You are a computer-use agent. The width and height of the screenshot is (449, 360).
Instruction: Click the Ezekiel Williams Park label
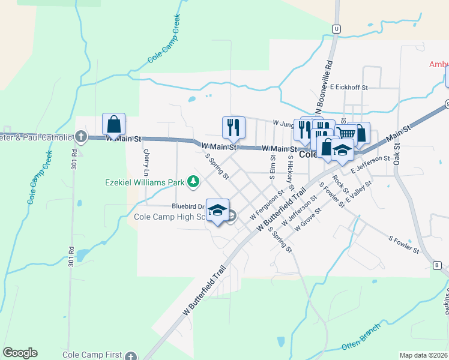click(x=144, y=181)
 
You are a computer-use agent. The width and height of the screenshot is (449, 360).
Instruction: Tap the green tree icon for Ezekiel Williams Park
click(x=193, y=181)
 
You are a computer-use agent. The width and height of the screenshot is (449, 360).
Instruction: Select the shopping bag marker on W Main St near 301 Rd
click(x=113, y=125)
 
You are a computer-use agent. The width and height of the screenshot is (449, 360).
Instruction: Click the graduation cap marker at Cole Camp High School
click(x=217, y=210)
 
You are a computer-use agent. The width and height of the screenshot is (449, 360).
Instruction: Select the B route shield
click(x=437, y=265)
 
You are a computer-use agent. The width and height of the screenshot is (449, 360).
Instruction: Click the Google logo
click(x=20, y=353)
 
